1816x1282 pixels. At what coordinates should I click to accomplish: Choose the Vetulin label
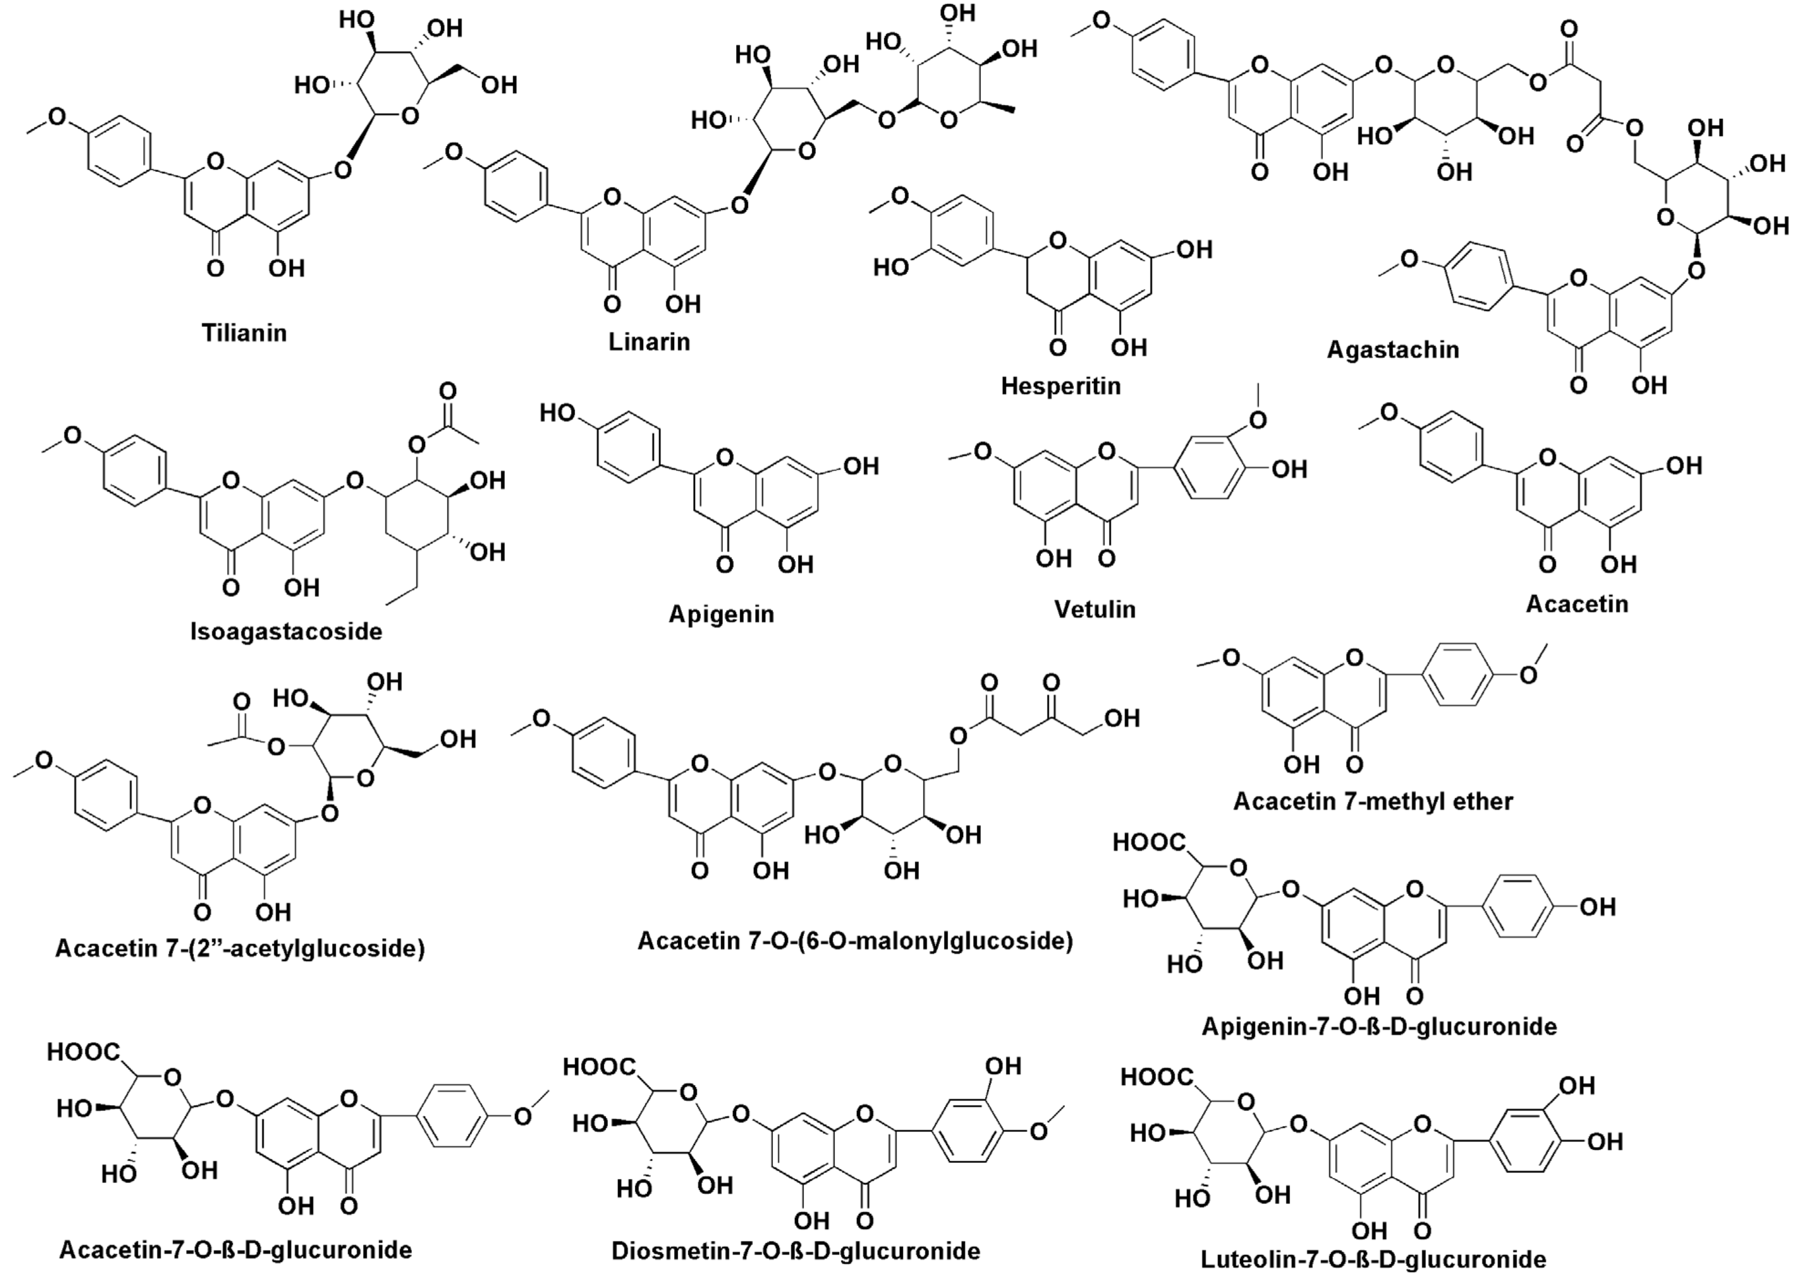[x=1095, y=609]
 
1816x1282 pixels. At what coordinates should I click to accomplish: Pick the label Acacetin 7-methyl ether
[x=1373, y=801]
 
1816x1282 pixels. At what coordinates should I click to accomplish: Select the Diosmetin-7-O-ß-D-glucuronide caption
[x=796, y=1251]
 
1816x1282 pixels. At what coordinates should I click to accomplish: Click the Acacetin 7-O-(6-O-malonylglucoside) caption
[x=855, y=941]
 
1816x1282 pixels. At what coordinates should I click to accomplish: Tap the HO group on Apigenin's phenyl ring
[x=558, y=413]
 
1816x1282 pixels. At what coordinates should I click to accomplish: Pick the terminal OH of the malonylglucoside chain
[x=1121, y=718]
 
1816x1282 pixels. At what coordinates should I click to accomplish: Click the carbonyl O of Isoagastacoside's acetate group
[x=448, y=391]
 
